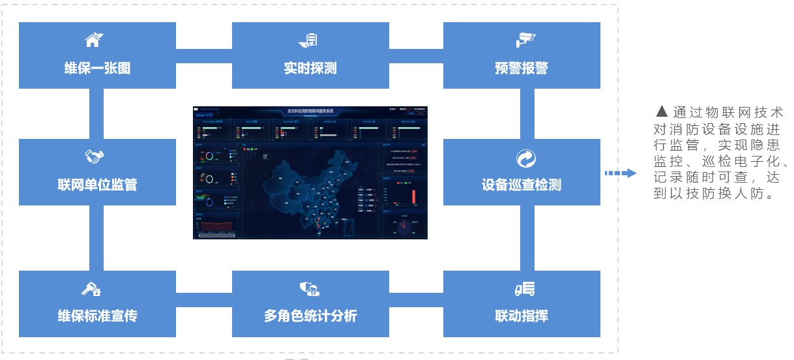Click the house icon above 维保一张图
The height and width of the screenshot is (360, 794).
pos(94,40)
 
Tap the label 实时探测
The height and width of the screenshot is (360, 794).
pos(310,67)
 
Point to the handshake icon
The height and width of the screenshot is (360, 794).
pos(95,157)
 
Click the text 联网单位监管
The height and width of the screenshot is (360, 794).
pos(97,185)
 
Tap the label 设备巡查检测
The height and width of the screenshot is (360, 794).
pos(522,185)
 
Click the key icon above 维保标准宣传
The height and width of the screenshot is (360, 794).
pos(91,288)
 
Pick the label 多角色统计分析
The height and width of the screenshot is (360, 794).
pos(310,316)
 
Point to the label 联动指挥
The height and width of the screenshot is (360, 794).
pos(522,316)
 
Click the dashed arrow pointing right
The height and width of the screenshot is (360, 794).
pos(620,173)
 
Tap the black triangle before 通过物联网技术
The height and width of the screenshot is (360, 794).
pos(662,112)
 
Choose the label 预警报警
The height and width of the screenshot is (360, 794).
pos(522,68)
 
